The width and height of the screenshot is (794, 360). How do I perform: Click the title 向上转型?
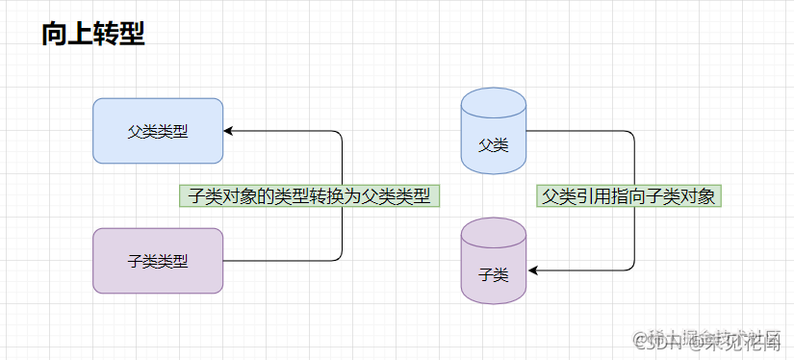93,35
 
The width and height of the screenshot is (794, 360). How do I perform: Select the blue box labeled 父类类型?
158,131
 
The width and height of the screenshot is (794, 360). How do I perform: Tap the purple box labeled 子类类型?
158,260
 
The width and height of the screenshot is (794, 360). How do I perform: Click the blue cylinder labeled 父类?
493,135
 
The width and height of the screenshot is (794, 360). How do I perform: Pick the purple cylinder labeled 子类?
493,265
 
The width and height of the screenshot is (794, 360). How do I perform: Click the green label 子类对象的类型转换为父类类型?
309,195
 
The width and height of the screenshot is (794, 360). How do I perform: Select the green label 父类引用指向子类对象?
629,195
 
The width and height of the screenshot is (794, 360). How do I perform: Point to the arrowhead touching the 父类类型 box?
229,131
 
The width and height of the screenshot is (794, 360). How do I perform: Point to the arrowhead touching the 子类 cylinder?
531,271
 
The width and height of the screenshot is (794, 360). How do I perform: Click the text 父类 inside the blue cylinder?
493,145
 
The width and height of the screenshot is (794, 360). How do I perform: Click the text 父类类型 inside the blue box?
158,131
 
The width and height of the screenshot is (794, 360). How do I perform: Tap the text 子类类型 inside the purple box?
158,260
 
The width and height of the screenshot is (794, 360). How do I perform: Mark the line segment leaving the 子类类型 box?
279,260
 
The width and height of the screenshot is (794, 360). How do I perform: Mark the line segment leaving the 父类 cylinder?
577,131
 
